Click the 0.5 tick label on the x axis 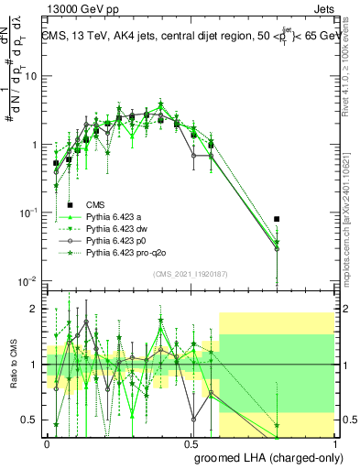click(x=191, y=443)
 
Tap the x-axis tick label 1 click(x=335, y=443)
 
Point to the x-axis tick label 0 click(x=47, y=443)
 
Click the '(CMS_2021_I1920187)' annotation click(x=190, y=273)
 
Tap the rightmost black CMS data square click(x=278, y=219)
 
